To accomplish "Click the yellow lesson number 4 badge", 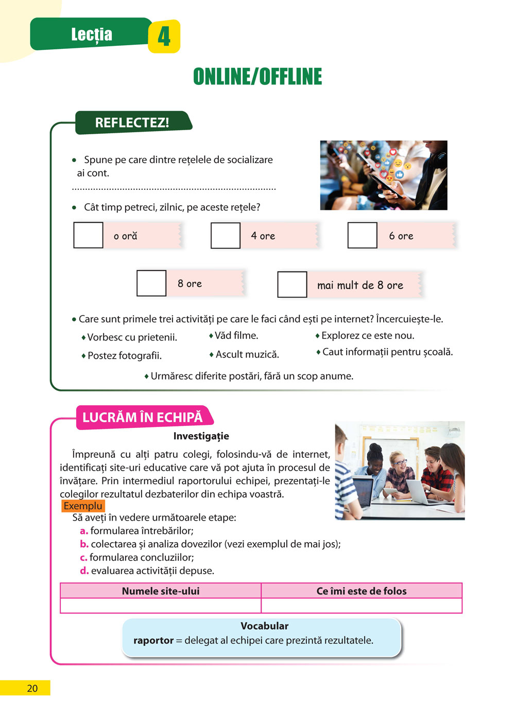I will tap(164, 36).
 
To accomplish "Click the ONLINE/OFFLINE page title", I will tap(257, 77).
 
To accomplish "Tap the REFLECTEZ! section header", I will tap(132, 123).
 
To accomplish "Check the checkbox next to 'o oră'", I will tap(88, 236).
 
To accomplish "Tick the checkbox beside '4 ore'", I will tap(226, 236).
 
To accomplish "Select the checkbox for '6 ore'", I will tap(363, 236).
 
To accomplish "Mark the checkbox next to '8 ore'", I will tap(151, 283).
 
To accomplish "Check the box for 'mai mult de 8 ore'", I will tap(292, 285).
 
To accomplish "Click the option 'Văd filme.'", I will tap(236, 335).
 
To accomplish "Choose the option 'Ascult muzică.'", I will tap(247, 354).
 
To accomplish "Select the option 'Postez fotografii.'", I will tap(124, 355).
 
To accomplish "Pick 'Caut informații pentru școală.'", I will tap(387, 352).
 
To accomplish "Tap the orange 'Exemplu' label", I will tap(83, 506).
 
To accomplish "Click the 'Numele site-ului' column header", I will tap(161, 591).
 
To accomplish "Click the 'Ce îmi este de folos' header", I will tap(362, 591).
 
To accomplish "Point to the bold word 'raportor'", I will tap(153, 640).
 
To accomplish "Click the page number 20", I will tap(32, 688).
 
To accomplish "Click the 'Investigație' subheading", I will tap(201, 436).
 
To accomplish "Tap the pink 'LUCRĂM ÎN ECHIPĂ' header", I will tap(143, 417).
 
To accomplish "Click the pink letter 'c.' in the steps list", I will tap(83, 558).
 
